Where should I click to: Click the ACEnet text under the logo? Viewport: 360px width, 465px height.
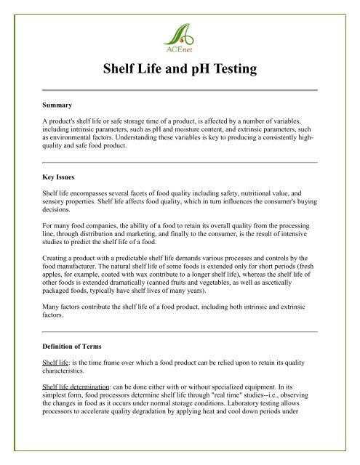tap(179, 51)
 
